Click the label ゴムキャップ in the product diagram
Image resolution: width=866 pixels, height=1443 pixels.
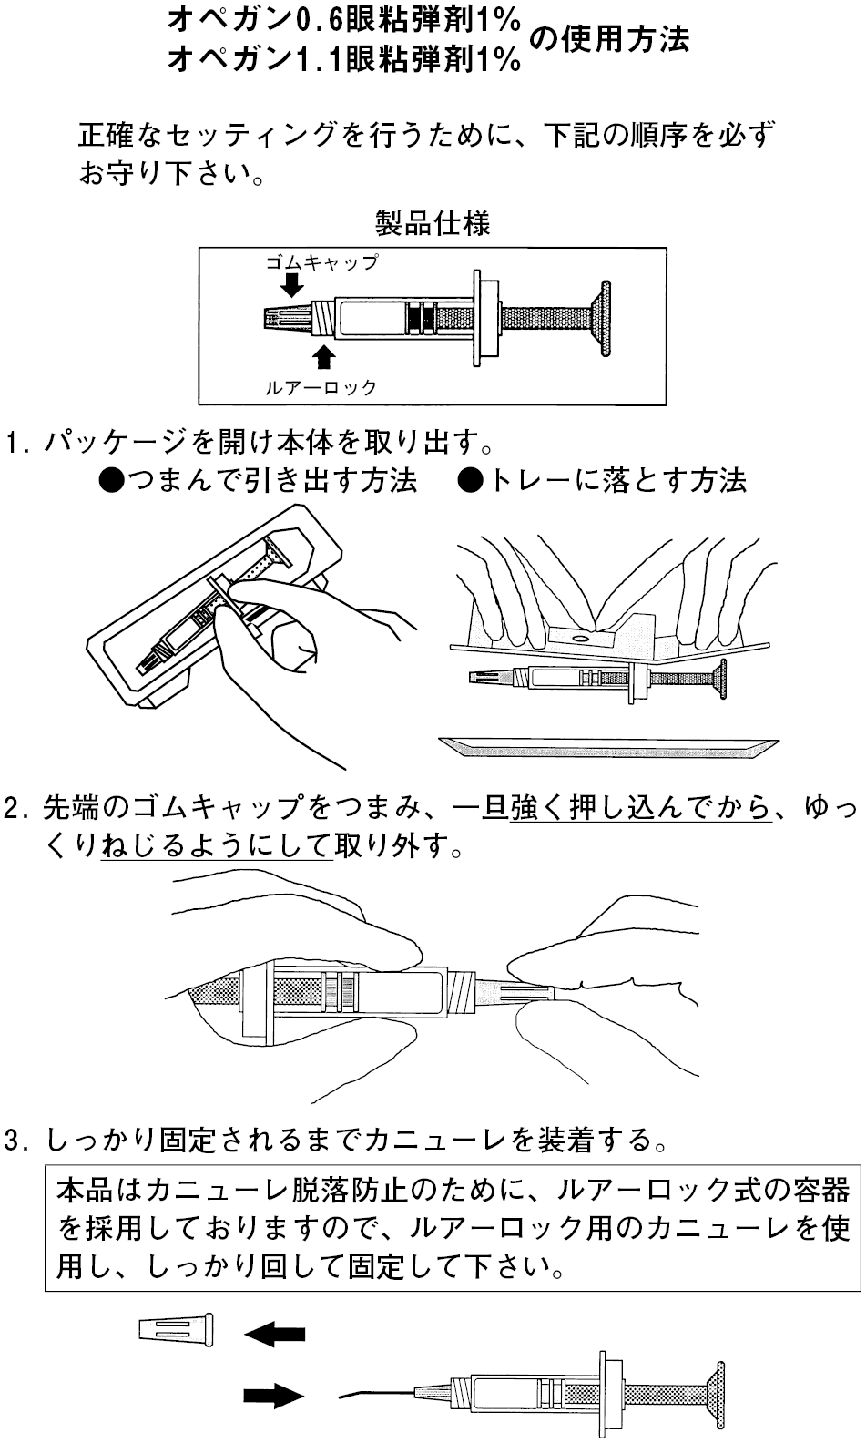(x=321, y=262)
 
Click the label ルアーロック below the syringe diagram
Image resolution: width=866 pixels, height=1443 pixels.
(x=321, y=387)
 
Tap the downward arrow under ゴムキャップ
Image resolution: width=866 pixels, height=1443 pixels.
(x=291, y=285)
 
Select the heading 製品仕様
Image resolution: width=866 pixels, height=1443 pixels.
(x=433, y=223)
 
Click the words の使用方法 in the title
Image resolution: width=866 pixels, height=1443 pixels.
(x=607, y=39)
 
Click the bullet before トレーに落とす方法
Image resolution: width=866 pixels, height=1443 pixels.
(x=471, y=480)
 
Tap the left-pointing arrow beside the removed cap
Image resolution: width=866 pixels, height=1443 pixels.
(x=274, y=1335)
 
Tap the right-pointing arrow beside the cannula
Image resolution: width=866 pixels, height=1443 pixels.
(x=273, y=1395)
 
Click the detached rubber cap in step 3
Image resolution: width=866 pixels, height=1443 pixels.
(x=177, y=1329)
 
